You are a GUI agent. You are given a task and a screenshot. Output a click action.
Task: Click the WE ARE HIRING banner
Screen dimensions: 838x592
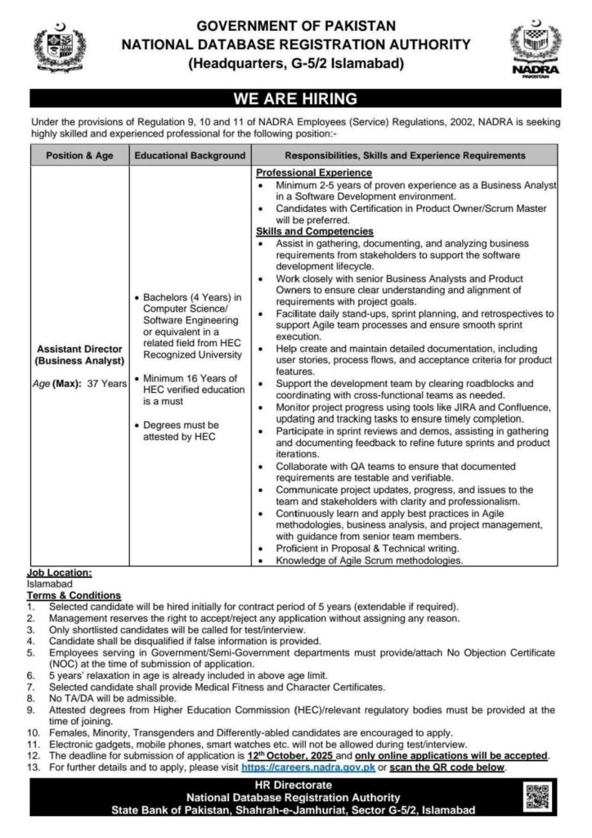295,100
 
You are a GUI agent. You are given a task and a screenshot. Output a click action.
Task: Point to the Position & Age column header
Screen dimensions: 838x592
79,154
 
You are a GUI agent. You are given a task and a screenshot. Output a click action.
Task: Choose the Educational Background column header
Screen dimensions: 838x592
190,154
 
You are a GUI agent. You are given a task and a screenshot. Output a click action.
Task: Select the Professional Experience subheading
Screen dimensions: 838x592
313,173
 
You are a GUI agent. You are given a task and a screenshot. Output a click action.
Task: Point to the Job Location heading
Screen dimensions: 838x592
60,574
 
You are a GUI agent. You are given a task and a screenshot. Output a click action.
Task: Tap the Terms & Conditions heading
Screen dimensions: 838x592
74,595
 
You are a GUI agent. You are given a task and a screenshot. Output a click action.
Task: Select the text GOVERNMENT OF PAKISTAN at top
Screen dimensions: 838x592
295,25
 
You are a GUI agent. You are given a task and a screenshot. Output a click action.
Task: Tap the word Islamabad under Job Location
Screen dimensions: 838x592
50,584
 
